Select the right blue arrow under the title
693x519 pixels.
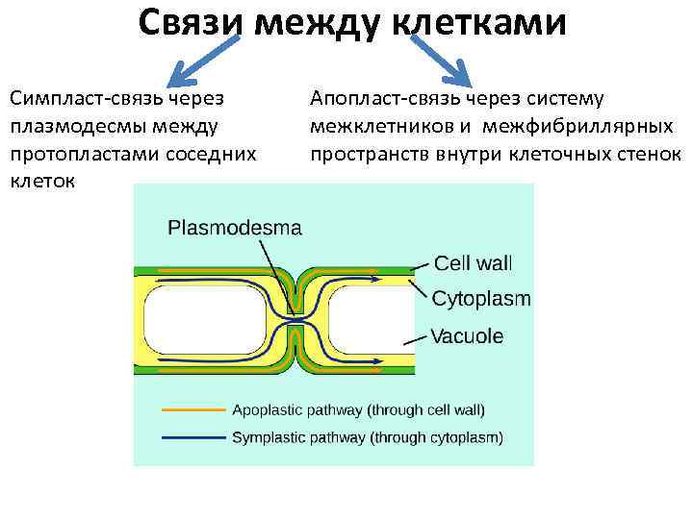442,64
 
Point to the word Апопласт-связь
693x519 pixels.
385,98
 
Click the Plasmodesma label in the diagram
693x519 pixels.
235,229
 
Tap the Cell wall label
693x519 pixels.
474,261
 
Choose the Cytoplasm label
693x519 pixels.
481,298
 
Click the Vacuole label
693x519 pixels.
467,336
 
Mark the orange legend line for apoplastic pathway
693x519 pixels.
192,409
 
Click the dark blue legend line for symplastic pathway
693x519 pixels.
192,438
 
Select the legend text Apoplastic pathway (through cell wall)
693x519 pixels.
358,409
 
